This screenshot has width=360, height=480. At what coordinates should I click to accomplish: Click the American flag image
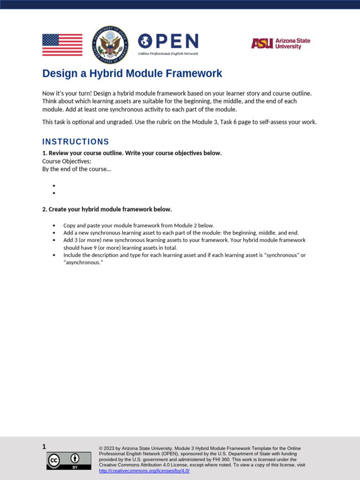point(62,45)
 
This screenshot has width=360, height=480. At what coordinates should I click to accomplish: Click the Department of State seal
point(110,45)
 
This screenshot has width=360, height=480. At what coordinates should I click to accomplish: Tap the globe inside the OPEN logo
point(145,41)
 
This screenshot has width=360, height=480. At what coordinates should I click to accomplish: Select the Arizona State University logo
point(280,44)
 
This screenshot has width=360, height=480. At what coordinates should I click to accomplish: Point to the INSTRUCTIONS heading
point(75,142)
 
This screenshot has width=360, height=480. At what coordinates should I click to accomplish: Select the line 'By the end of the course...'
point(77,169)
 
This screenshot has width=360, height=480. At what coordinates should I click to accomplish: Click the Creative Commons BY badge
point(69,460)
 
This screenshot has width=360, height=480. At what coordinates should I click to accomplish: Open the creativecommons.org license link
point(144,471)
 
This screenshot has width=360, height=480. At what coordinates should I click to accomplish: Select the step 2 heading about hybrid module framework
point(107,209)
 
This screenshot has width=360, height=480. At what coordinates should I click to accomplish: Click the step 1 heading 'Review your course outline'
point(132,153)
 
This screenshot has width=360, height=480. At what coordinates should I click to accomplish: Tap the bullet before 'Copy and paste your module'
point(54,225)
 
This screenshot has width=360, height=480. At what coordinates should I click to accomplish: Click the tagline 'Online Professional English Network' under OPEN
point(168,54)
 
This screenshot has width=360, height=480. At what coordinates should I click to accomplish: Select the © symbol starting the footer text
point(101,448)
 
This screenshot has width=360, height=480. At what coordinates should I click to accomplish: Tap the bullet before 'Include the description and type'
point(54,255)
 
